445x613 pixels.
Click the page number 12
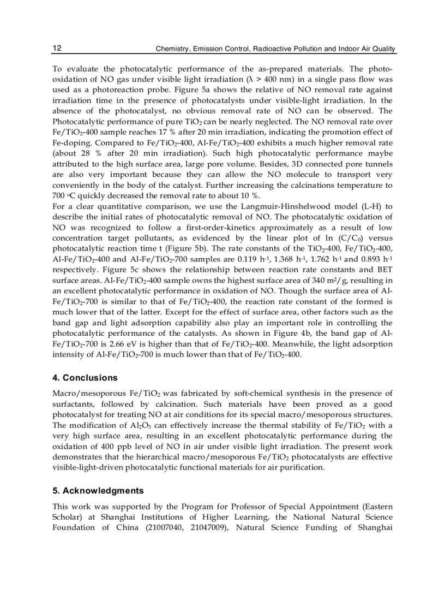pyautogui.click(x=57, y=49)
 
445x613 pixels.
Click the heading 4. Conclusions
pyautogui.click(x=85, y=378)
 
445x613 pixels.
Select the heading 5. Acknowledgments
pyautogui.click(x=98, y=490)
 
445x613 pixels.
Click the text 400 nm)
pyautogui.click(x=271, y=79)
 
